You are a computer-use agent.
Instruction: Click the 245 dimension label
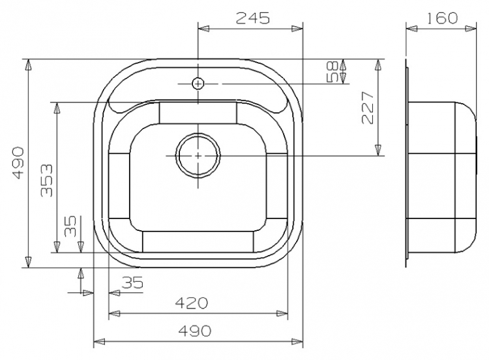click(252, 18)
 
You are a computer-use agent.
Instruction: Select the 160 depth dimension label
click(442, 18)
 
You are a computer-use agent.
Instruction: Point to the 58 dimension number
click(333, 72)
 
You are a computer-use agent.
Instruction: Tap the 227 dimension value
click(367, 108)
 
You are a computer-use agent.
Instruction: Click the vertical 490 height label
click(18, 162)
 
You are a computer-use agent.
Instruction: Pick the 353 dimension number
click(47, 180)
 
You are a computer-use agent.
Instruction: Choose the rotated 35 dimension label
click(70, 226)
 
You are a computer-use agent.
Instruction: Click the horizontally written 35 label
click(132, 282)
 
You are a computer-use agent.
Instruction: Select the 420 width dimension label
click(191, 303)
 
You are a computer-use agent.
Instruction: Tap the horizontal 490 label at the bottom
click(195, 331)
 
